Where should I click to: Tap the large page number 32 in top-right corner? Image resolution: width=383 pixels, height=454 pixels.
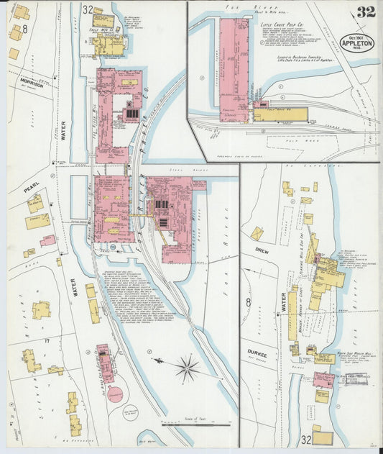click(x=364, y=12)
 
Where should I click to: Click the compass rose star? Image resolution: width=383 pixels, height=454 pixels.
click(x=187, y=370)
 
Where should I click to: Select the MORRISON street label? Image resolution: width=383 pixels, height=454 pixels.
click(x=32, y=88)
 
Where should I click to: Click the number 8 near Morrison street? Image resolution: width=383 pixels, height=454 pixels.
click(x=24, y=29)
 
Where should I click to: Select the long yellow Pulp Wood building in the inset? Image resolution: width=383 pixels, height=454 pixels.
click(x=280, y=114)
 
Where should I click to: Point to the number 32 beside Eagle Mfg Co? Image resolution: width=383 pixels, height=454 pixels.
click(x=88, y=10)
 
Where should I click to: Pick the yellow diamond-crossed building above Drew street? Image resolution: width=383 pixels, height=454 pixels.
click(x=257, y=233)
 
